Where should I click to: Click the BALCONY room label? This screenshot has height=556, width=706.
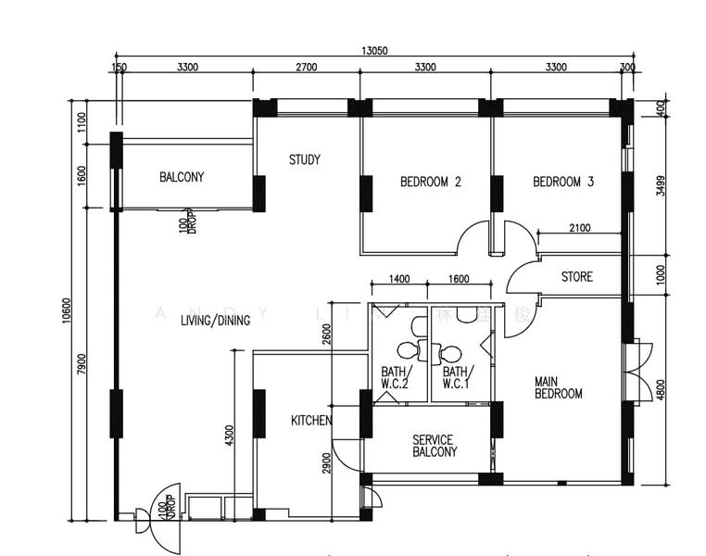pyautogui.click(x=182, y=177)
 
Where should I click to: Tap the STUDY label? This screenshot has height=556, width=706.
pyautogui.click(x=304, y=159)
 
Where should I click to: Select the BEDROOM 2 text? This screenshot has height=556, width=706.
pyautogui.click(x=430, y=182)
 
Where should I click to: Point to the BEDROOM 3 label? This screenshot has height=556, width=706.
pyautogui.click(x=563, y=182)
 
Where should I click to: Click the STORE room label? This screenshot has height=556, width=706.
pyautogui.click(x=577, y=277)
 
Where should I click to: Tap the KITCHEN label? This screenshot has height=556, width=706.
pyautogui.click(x=311, y=421)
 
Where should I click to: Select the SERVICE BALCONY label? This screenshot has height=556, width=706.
pyautogui.click(x=435, y=446)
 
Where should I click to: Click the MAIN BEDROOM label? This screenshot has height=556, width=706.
pyautogui.click(x=558, y=387)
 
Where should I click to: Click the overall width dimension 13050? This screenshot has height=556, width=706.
pyautogui.click(x=375, y=51)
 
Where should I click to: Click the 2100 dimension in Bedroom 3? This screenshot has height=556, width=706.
pyautogui.click(x=578, y=227)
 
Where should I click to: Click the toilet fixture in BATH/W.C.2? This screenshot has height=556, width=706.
pyautogui.click(x=407, y=350)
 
